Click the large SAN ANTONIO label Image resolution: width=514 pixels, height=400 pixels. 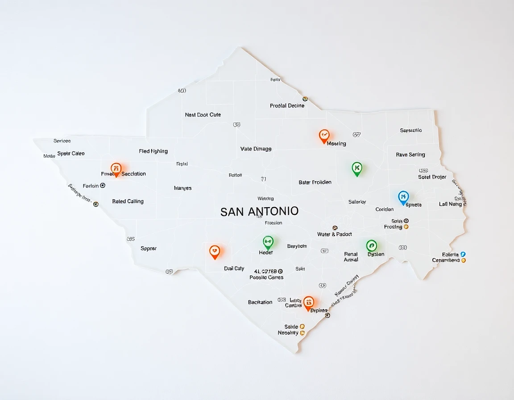coord(260,212)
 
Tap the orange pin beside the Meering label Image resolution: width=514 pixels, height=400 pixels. coord(324,136)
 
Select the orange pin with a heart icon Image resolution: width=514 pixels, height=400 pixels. coord(215,251)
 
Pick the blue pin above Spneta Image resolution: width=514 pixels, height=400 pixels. coord(403,197)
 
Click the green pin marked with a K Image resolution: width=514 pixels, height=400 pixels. coord(356,168)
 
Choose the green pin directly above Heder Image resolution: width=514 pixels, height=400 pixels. coord(268,242)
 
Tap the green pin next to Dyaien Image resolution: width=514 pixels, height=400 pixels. coord(371,246)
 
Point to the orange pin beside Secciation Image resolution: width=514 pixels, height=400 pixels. coord(116,169)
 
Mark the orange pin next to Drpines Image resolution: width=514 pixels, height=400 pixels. coord(308,302)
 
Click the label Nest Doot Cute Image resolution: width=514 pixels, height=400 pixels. coord(203,115)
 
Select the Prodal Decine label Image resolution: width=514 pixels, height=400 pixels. coord(287,106)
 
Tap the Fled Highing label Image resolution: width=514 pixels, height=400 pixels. coord(153,151)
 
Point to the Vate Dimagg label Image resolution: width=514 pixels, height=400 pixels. coord(256,149)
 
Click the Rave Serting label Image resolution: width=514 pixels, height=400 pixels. coord(410,155)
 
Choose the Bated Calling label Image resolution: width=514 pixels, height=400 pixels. coord(128,201)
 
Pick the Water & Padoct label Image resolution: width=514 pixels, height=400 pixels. coord(334,234)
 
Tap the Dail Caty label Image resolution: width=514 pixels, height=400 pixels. coord(234,269)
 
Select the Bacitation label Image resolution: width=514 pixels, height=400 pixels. coord(260,302)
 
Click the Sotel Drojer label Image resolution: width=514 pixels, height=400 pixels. coord(432,177)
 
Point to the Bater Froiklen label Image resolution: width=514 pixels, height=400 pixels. coord(315,183)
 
